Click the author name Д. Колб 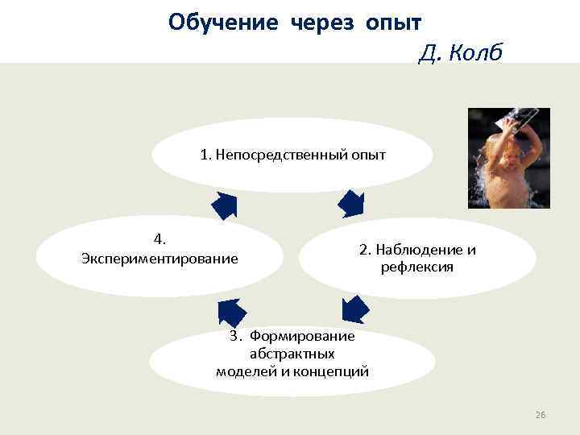460,53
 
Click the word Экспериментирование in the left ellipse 159,259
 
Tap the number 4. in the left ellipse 159,238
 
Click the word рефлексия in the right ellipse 417,267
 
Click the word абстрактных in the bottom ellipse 292,353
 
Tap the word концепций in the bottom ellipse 330,371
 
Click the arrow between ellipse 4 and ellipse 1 223,205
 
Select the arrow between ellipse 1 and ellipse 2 350,203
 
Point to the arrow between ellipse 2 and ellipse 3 354,309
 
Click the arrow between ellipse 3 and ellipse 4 231,311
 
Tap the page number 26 540,415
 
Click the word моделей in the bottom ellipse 246,371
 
